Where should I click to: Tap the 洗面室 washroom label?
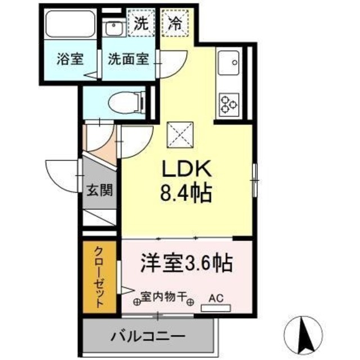click(128, 59)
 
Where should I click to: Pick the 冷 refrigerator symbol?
click(174, 24)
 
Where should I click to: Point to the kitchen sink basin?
click(229, 62)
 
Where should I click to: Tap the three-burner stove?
click(229, 102)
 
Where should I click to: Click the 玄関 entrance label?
click(100, 189)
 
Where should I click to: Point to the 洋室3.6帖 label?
click(187, 262)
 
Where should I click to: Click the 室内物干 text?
click(163, 296)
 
